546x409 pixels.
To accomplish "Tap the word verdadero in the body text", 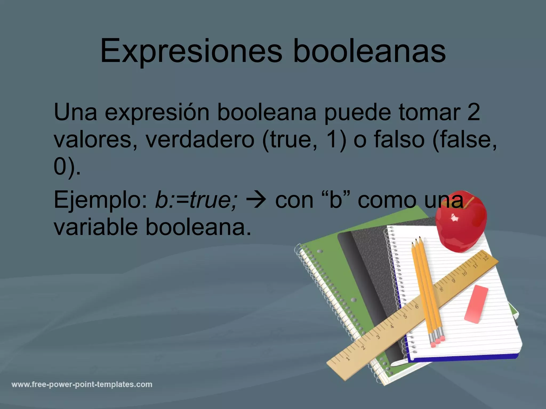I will pos(200,140).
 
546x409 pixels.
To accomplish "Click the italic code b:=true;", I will pos(196,200).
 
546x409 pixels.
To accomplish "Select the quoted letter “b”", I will pos(336,199).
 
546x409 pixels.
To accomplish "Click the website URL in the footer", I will pos(82,385).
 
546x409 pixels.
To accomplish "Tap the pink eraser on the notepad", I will pos(476,304).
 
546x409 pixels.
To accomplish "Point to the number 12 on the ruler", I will pos(485,258).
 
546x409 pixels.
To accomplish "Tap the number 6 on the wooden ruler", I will pos(417,306).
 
